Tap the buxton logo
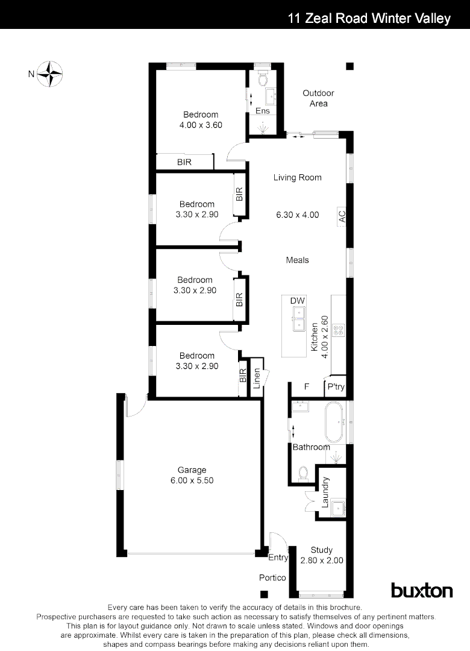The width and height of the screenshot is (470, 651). [x=422, y=590]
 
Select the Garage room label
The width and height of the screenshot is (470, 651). [x=192, y=470]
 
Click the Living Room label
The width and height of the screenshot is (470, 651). [x=297, y=177]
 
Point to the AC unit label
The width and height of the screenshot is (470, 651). [x=342, y=216]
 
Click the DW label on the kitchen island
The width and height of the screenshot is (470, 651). [x=298, y=301]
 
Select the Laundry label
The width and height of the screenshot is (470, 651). [x=325, y=492]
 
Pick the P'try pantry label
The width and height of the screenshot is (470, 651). [x=335, y=387]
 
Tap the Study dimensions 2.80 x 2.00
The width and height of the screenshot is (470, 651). [x=322, y=560]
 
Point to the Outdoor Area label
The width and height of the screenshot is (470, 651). [x=318, y=98]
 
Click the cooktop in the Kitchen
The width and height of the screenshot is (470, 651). [x=338, y=330]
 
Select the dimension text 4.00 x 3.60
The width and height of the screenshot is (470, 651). [x=201, y=125]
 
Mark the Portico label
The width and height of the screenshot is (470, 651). [x=272, y=577]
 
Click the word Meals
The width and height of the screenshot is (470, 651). [x=297, y=260]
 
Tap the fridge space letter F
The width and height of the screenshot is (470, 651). [x=306, y=387]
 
